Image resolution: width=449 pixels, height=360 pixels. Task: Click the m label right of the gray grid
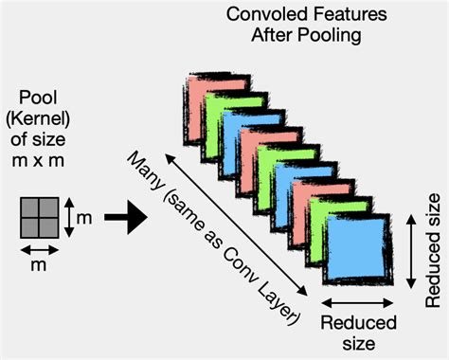click(x=84, y=218)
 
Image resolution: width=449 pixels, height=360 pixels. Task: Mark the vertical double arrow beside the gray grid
click(x=68, y=218)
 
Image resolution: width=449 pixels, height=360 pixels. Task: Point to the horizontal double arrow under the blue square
click(x=357, y=303)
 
